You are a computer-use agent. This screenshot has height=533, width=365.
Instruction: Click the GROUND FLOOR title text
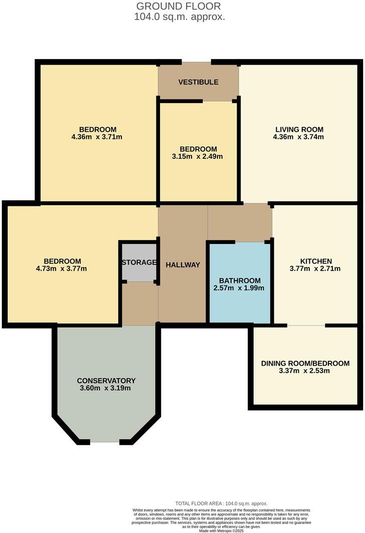[179, 6]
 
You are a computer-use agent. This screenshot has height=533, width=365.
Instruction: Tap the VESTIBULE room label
[199, 82]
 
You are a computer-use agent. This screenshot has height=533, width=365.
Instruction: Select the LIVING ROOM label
[298, 129]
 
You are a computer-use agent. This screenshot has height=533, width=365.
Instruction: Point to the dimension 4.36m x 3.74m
[298, 137]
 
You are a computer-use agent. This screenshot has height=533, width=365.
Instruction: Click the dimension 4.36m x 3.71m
[97, 137]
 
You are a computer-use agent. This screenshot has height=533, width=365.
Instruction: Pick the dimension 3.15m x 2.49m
[198, 156]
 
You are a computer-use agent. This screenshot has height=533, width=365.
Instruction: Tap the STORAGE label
[139, 262]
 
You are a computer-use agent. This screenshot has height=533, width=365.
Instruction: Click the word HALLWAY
[182, 265]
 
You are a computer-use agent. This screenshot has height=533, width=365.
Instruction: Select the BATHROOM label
[240, 280]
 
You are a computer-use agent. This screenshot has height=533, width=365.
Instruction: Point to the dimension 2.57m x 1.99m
[240, 288]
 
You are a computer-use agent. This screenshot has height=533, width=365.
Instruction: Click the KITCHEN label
[316, 261]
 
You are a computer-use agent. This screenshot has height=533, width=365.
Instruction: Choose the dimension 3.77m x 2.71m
[315, 269]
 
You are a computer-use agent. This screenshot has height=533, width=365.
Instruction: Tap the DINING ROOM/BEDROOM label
[305, 363]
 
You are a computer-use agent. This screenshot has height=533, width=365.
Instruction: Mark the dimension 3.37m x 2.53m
[305, 371]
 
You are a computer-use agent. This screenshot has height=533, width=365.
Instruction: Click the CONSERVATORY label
[106, 380]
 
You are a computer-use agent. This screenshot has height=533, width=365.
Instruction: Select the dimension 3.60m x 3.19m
[106, 388]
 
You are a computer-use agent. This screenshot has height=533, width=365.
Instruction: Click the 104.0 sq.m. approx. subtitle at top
[179, 17]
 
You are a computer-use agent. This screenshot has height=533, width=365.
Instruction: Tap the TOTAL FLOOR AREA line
[221, 503]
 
